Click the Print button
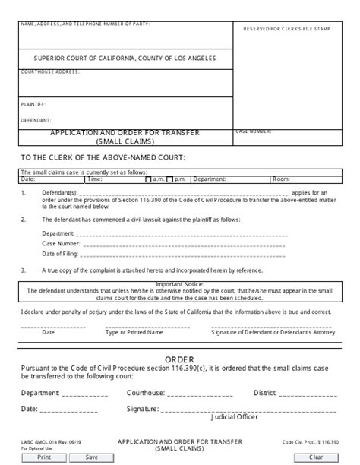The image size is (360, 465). coord(44,457)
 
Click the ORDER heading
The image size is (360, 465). coord(180,359)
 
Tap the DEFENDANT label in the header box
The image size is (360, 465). coord(36,119)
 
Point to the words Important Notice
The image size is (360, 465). coord(180,284)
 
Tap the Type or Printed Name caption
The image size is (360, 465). coord(134,332)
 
